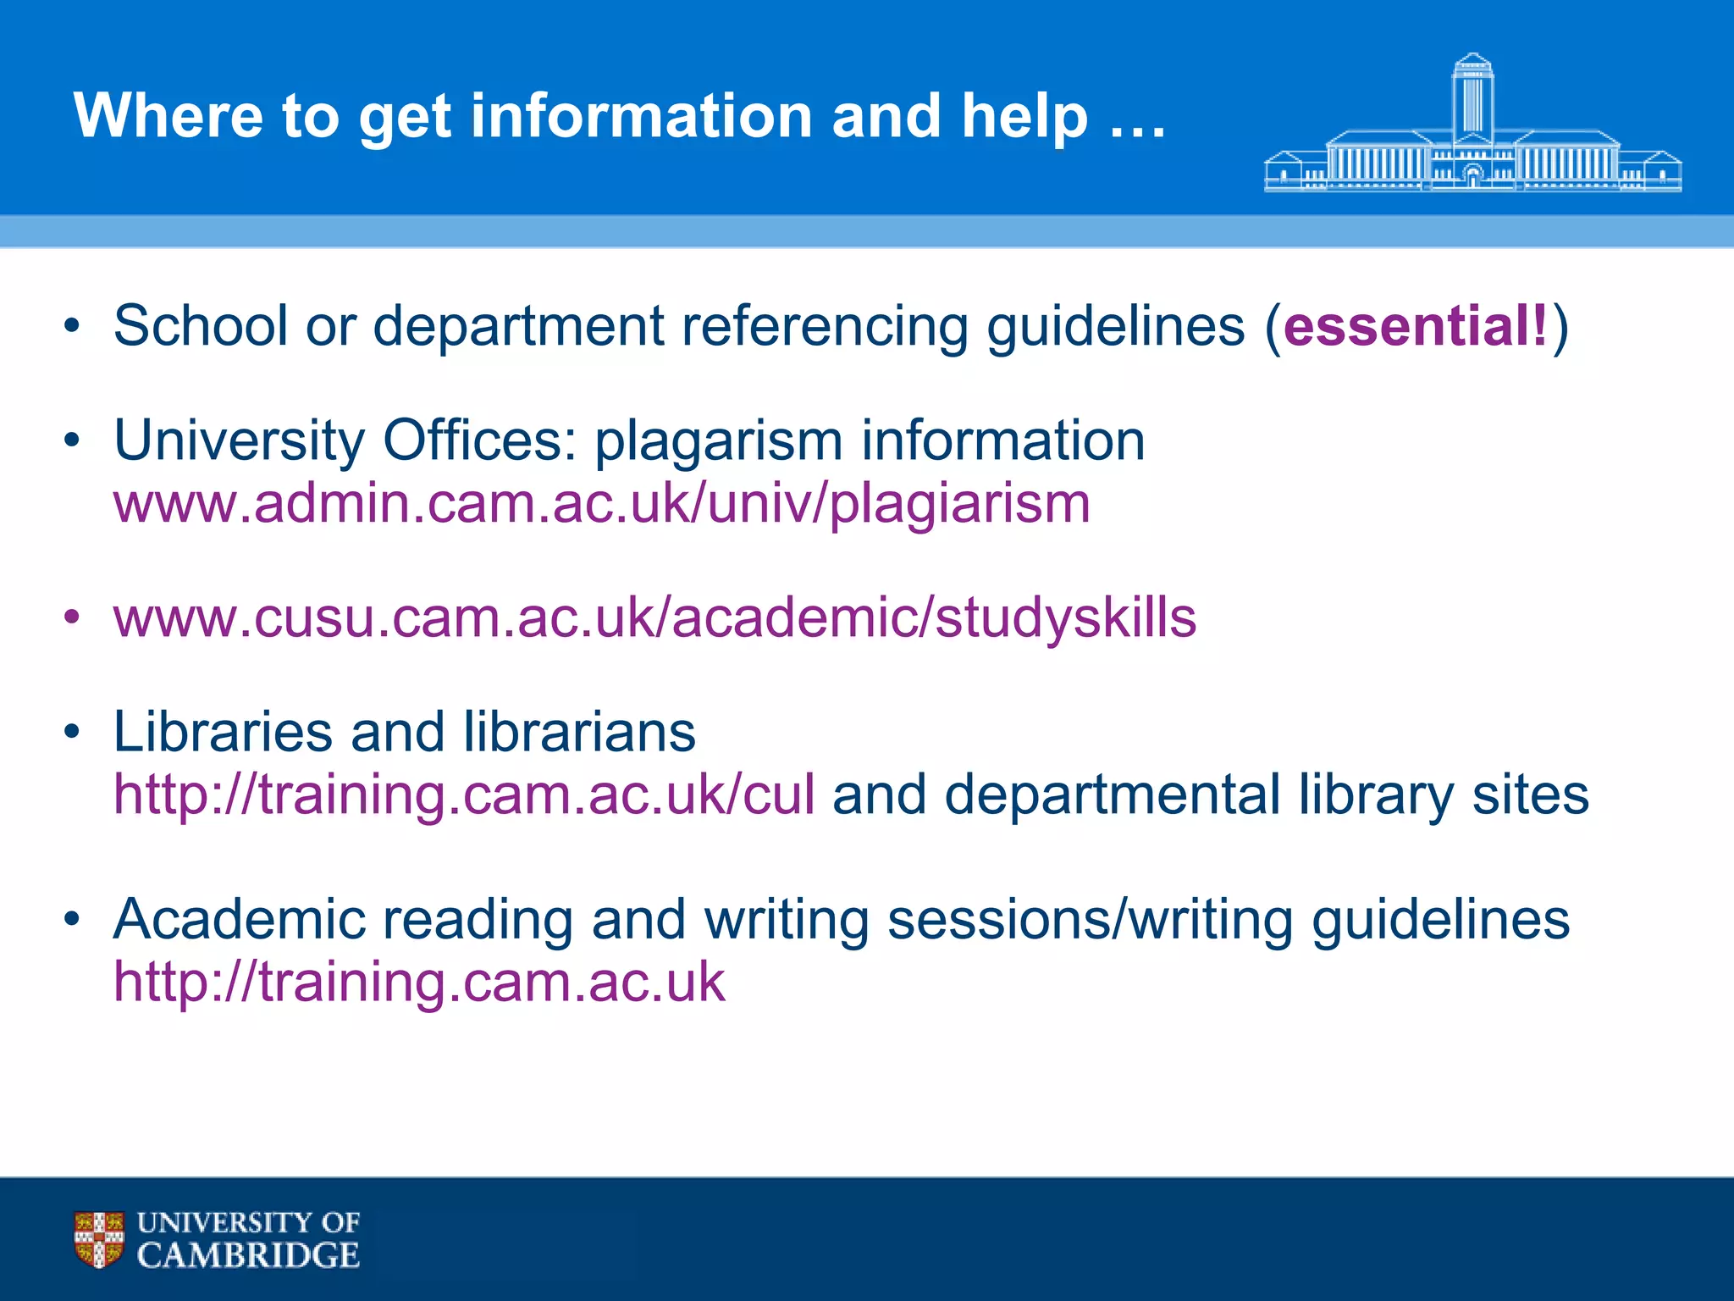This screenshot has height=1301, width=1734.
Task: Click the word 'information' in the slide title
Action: point(642,116)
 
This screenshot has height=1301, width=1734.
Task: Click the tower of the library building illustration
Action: point(1472,97)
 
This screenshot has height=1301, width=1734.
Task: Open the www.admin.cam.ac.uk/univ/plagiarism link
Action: point(601,505)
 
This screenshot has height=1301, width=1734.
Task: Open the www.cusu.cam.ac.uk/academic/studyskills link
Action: point(654,617)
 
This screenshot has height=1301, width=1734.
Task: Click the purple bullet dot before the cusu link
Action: point(72,617)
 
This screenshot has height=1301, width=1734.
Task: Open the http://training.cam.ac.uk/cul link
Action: point(464,796)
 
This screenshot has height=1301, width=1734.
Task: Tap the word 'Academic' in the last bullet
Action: point(238,920)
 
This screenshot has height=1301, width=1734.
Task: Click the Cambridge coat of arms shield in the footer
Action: point(99,1239)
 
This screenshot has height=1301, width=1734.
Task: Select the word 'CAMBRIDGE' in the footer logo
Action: point(248,1255)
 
